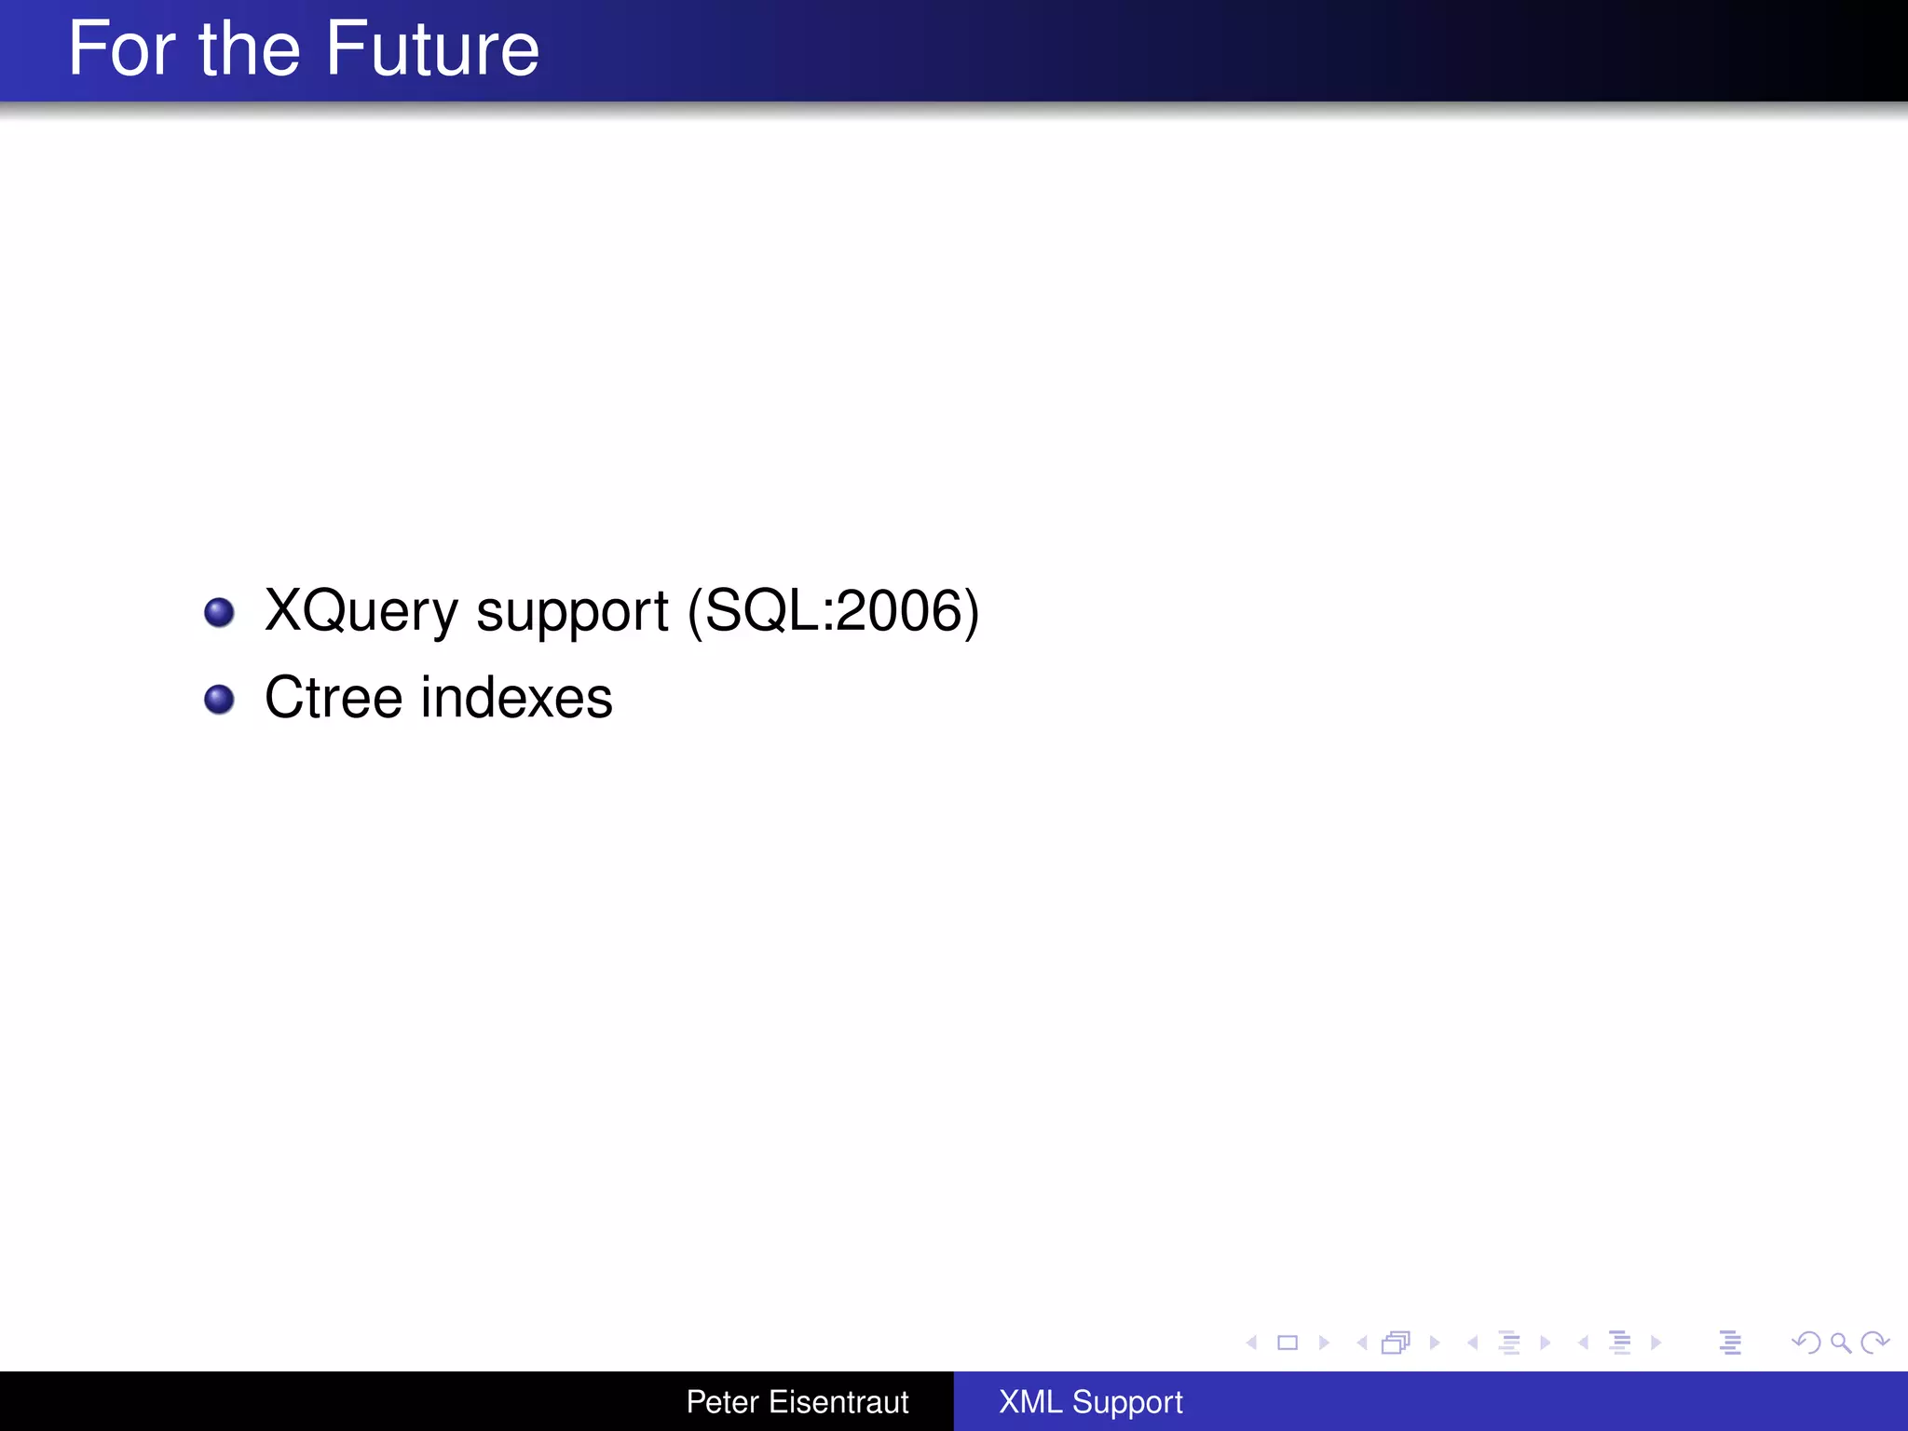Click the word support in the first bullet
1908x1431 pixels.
(572, 612)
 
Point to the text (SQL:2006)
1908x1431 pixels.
(833, 612)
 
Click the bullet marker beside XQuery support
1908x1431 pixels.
(219, 612)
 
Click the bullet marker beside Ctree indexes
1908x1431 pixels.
(219, 699)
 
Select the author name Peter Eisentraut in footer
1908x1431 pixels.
(797, 1402)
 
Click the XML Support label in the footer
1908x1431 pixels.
(1090, 1402)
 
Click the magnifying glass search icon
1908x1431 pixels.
(1840, 1342)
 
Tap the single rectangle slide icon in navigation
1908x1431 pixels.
(1288, 1342)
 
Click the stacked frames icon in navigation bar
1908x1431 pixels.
(1396, 1342)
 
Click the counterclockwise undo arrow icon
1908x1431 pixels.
(1806, 1342)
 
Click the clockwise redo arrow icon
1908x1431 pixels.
(1874, 1342)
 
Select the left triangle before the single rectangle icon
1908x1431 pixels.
(1252, 1342)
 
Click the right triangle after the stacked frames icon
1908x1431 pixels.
(1435, 1342)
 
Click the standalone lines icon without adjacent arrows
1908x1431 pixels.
(1730, 1342)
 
